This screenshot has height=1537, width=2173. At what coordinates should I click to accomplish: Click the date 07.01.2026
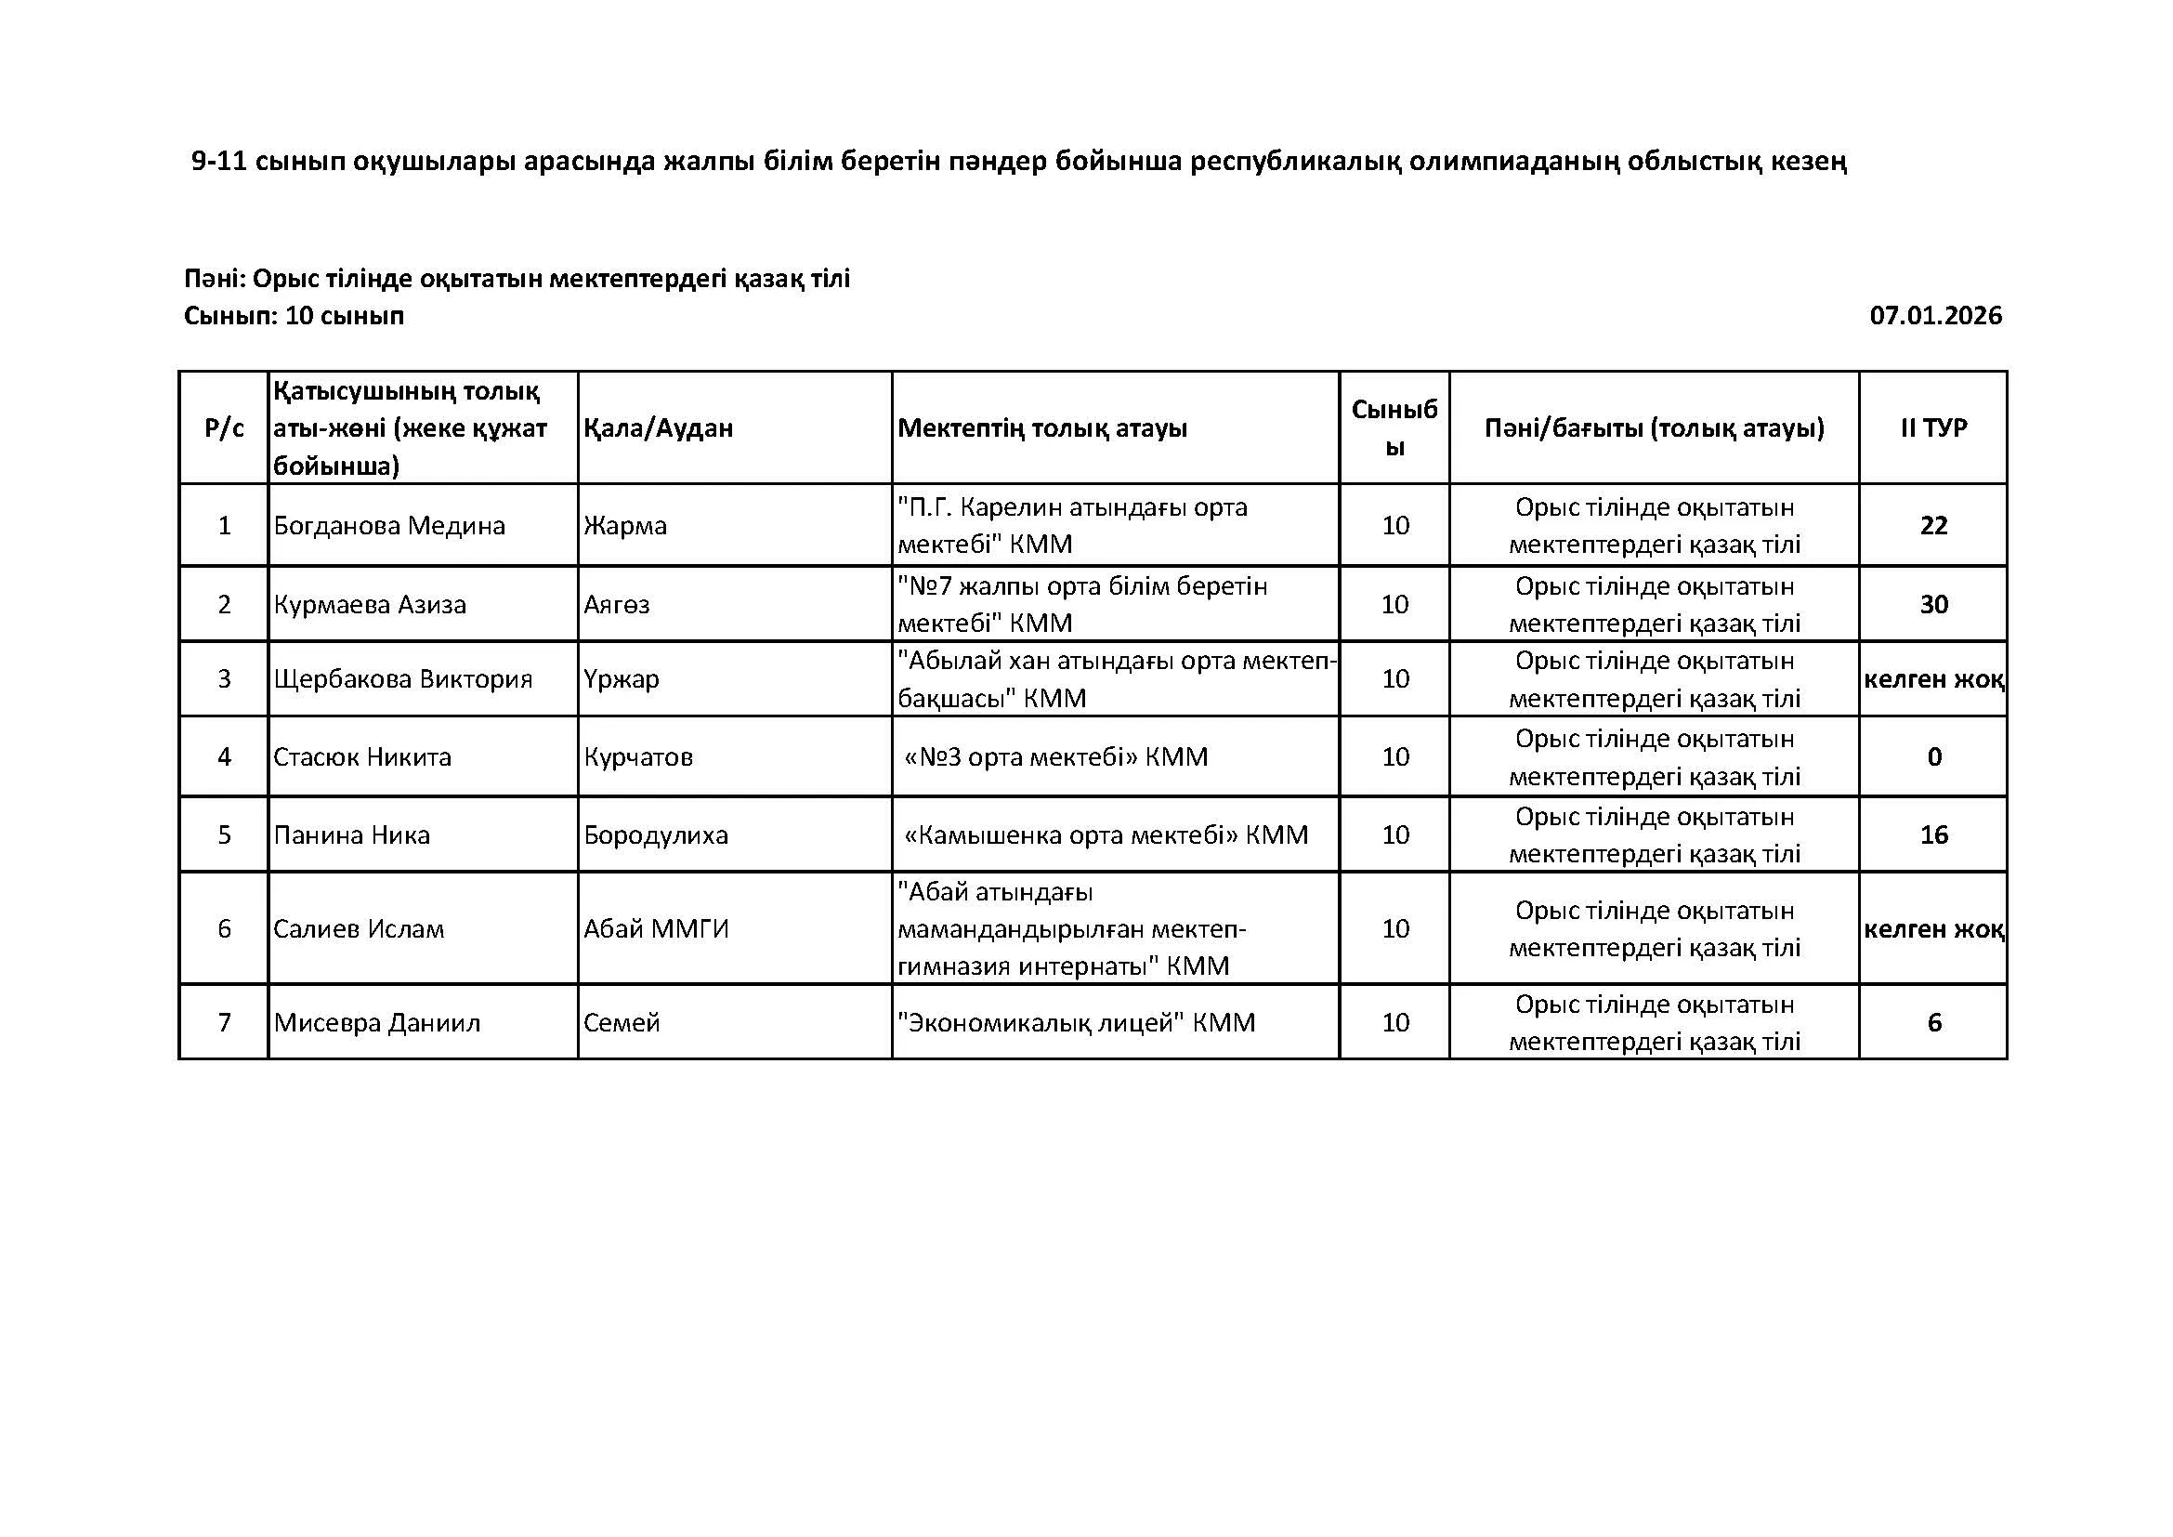coord(1935,316)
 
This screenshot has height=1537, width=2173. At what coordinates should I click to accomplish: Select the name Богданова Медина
coord(389,525)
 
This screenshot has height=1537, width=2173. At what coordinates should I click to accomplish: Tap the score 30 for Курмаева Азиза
coord(1933,604)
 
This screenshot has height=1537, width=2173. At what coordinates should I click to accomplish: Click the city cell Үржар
coord(621,678)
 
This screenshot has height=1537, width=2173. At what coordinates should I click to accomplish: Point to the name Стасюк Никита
coord(362,756)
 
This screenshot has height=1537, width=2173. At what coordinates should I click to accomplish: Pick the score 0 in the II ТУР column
coord(1934,756)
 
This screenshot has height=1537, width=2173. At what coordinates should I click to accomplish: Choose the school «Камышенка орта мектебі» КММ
coord(1106,834)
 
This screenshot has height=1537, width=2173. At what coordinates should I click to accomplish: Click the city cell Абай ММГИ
coord(656,928)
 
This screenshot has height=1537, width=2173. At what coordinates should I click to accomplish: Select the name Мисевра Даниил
coord(376,1022)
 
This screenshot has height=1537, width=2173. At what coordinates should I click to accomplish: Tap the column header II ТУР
coord(1933,427)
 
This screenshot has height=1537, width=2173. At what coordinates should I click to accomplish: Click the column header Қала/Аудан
coord(658,427)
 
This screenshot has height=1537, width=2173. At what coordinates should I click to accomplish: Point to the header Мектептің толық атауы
coord(1042,427)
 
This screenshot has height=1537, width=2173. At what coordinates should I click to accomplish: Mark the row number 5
coord(224,834)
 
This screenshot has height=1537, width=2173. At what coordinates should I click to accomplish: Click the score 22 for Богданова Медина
coord(1933,525)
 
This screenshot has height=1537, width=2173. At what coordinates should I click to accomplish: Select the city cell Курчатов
coord(638,756)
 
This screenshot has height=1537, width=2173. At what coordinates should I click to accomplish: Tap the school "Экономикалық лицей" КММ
coord(1076,1022)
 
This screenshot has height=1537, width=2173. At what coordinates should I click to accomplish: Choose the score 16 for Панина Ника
coord(1933,834)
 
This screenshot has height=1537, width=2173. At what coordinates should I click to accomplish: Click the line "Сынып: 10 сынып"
coord(294,316)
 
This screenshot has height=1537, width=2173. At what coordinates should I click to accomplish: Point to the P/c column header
coord(224,427)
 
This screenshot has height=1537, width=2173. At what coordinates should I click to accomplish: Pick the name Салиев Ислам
coord(359,928)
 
